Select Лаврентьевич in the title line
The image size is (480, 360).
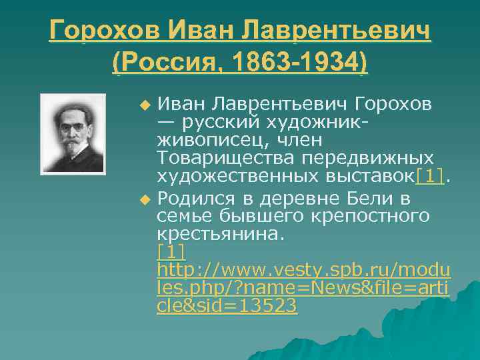[337, 31]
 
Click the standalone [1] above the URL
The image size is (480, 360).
[171, 253]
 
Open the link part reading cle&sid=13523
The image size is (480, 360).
[227, 307]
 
